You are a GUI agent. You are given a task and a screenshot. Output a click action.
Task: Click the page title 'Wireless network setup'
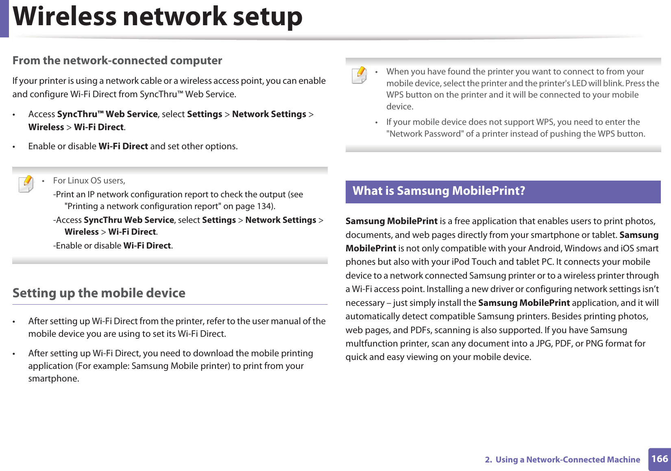[x=158, y=17]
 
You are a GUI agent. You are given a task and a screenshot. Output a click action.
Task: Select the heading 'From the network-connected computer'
[x=117, y=61]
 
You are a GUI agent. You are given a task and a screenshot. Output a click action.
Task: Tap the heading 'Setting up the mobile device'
[x=99, y=293]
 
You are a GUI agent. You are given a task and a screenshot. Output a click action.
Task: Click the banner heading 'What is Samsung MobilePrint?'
[x=439, y=191]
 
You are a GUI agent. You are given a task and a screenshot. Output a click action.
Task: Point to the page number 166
[x=659, y=459]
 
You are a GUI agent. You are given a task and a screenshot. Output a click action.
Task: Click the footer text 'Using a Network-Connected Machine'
[x=568, y=460]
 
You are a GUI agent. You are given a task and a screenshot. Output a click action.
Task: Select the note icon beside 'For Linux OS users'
[x=26, y=183]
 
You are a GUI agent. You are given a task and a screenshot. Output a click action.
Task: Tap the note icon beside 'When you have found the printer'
[x=359, y=75]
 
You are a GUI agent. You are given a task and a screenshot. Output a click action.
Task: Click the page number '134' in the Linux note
[x=264, y=206]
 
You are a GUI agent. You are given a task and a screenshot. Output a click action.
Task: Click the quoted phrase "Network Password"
[x=425, y=134]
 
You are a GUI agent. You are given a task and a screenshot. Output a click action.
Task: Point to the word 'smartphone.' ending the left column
[x=54, y=379]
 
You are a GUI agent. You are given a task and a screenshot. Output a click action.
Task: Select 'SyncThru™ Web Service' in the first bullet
[x=107, y=114]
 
